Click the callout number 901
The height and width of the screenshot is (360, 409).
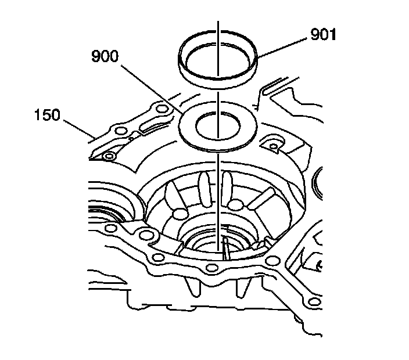click(323, 35)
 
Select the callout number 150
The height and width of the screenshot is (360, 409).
click(46, 114)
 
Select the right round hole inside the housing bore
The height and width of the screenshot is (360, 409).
click(235, 204)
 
